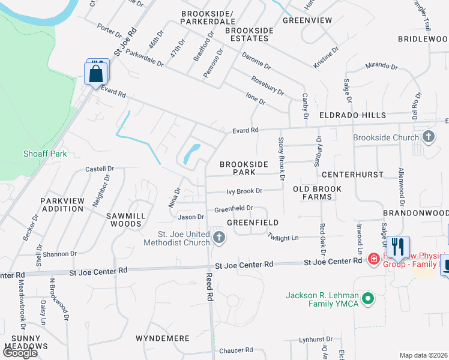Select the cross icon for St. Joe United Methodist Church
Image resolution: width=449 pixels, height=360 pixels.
219,239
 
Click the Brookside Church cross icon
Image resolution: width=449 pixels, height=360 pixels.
429,137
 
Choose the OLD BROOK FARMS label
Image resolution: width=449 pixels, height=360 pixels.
317,193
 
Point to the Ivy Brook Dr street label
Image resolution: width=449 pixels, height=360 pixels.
244,191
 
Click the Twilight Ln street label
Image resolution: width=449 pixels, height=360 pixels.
283,238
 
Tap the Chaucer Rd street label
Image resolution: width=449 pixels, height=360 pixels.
236,350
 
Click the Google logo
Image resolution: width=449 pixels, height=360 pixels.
20,352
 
